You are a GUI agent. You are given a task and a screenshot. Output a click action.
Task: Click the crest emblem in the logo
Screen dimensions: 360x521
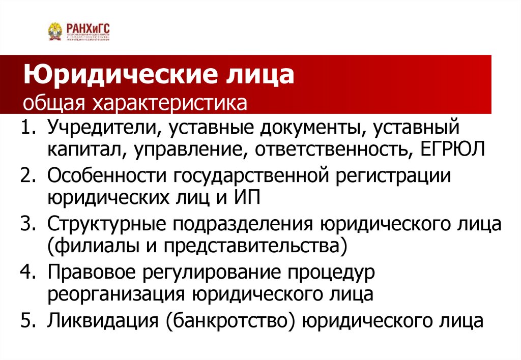pyautogui.click(x=55, y=32)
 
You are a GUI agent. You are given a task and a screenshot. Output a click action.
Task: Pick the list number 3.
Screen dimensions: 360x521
pyautogui.click(x=27, y=224)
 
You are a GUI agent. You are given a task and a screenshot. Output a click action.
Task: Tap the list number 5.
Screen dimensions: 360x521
pyautogui.click(x=27, y=321)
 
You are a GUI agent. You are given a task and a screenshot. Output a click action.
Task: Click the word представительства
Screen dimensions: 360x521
pyautogui.click(x=252, y=246)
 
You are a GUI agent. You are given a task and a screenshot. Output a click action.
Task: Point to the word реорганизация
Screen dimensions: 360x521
pyautogui.click(x=117, y=294)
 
